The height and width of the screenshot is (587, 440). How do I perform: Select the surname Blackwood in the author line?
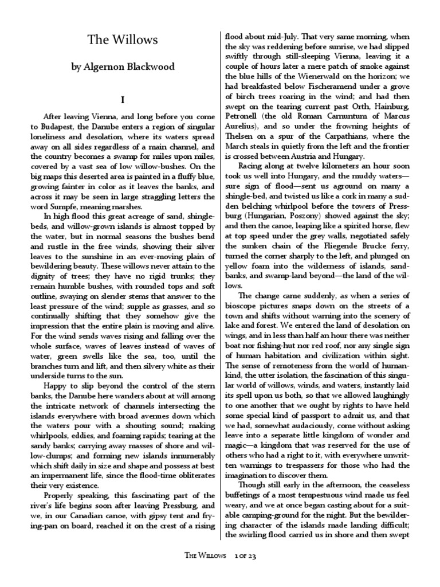(x=150, y=68)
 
